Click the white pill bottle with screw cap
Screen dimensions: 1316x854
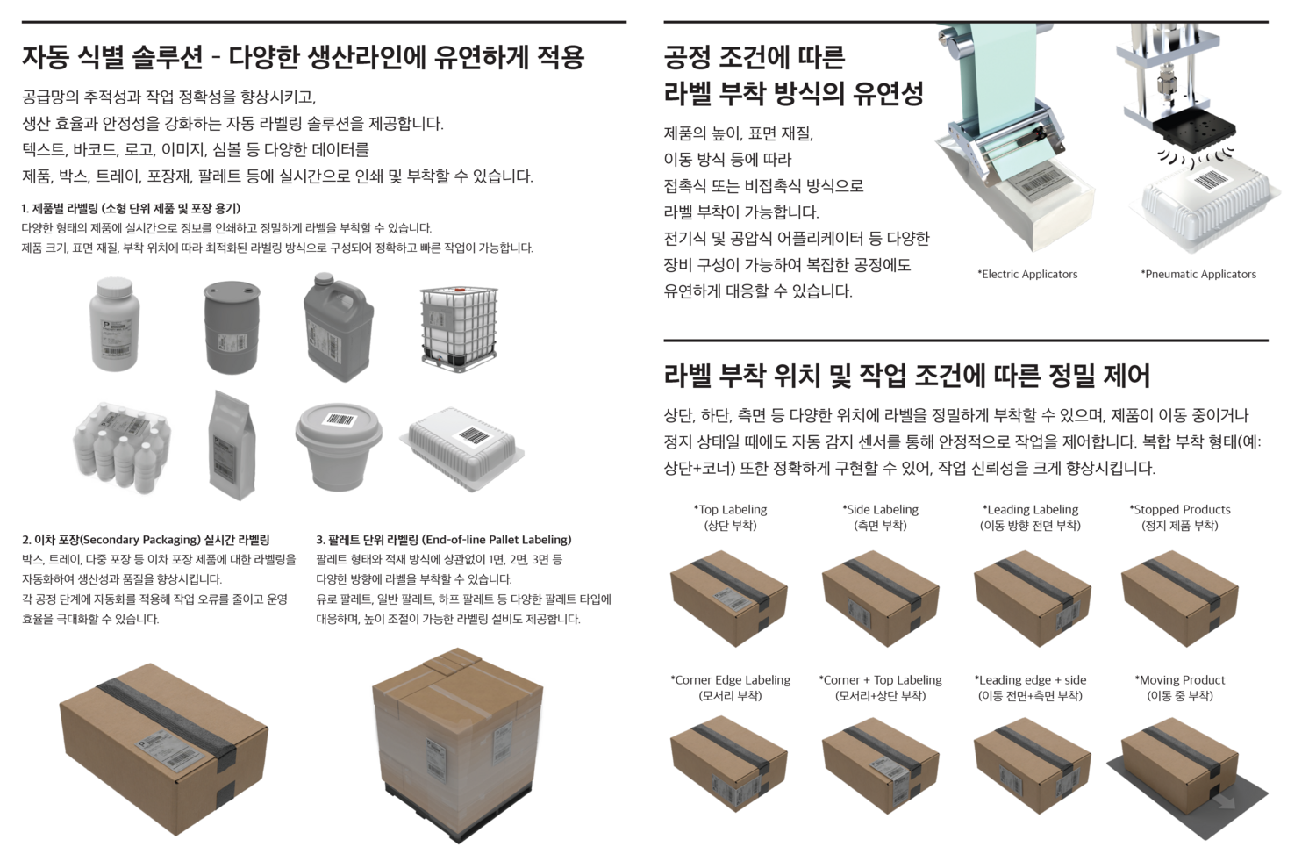[x=115, y=324]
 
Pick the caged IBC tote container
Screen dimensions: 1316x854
[x=459, y=327]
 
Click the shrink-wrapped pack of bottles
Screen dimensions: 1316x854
[x=122, y=446]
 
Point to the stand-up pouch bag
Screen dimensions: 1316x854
[x=232, y=445]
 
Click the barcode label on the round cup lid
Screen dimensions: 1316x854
[x=340, y=420]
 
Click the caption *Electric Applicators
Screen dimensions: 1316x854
[x=1027, y=274]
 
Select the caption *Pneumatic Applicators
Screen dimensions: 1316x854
[x=1198, y=274]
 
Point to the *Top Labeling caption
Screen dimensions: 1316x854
[x=730, y=510]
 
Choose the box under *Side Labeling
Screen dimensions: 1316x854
[x=880, y=599]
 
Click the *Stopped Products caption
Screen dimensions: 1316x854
[x=1180, y=510]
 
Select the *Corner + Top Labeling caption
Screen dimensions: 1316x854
[x=880, y=680]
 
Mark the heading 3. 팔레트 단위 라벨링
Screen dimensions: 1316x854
[x=444, y=540]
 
